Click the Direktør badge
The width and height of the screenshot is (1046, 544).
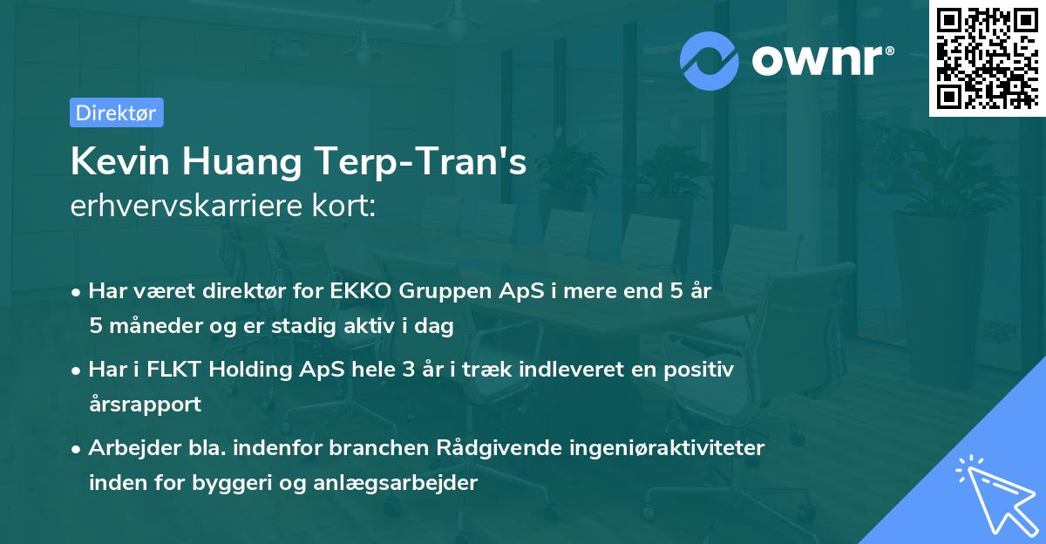coord(116,112)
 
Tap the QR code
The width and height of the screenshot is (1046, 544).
coord(985,58)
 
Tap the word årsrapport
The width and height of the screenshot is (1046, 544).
coord(145,405)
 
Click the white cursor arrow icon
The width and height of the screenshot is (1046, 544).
coord(994,489)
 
